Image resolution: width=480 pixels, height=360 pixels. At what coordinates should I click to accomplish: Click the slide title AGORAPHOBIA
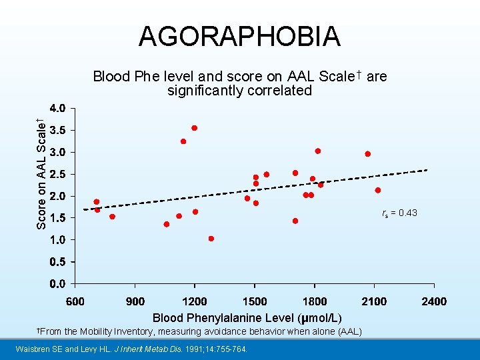click(x=239, y=36)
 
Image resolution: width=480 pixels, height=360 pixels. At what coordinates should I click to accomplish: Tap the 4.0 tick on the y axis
click(x=57, y=108)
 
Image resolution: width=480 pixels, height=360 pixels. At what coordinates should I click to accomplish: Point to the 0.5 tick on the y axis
click(x=57, y=261)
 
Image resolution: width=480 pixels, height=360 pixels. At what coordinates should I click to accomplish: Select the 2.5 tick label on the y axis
click(x=57, y=174)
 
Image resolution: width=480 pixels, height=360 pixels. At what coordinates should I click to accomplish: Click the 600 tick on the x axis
click(x=75, y=301)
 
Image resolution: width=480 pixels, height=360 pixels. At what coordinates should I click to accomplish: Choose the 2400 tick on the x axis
click(x=434, y=301)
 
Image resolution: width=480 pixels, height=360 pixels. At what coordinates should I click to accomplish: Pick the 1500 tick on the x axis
click(x=255, y=301)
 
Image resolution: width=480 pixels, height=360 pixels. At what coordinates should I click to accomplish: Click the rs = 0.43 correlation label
click(x=399, y=213)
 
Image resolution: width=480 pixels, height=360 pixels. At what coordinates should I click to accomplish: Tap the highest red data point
click(x=194, y=128)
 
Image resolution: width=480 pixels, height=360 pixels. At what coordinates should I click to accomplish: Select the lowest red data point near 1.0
click(x=211, y=239)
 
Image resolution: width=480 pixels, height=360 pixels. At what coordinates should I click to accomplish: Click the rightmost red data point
click(x=378, y=190)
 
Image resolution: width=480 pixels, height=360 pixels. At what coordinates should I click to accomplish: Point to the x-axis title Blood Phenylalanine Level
click(x=247, y=318)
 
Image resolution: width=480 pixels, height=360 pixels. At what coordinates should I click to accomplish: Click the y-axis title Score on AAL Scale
click(x=41, y=173)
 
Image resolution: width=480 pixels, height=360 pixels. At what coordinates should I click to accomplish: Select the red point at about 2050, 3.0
click(x=367, y=154)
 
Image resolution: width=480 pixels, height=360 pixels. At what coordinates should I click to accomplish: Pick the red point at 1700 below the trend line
click(x=295, y=221)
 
